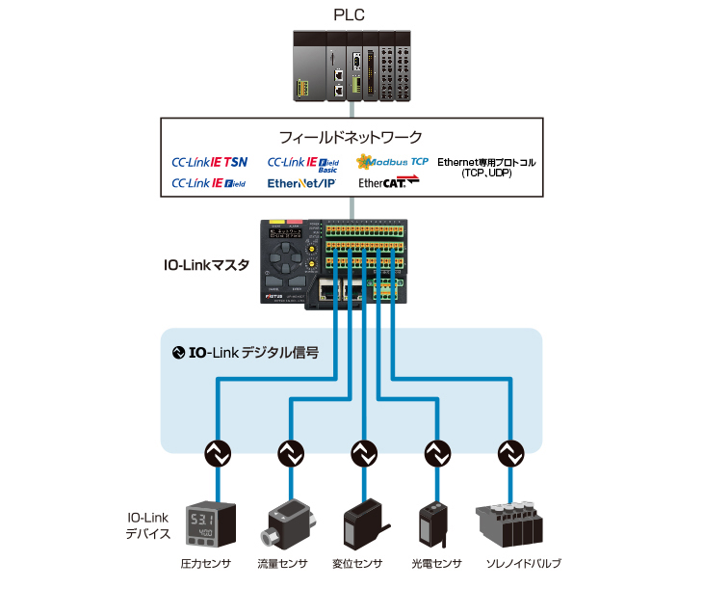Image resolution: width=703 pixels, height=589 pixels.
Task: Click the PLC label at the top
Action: pos(353,13)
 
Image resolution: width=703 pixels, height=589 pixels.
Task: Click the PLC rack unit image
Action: pos(352,67)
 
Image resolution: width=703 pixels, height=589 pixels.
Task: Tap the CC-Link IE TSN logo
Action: pos(209,162)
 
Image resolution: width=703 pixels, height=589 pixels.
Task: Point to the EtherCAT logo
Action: pos(382,182)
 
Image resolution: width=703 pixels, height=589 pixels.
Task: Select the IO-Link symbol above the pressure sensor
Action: pos(219,451)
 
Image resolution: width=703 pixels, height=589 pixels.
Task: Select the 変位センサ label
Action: pos(358,564)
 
